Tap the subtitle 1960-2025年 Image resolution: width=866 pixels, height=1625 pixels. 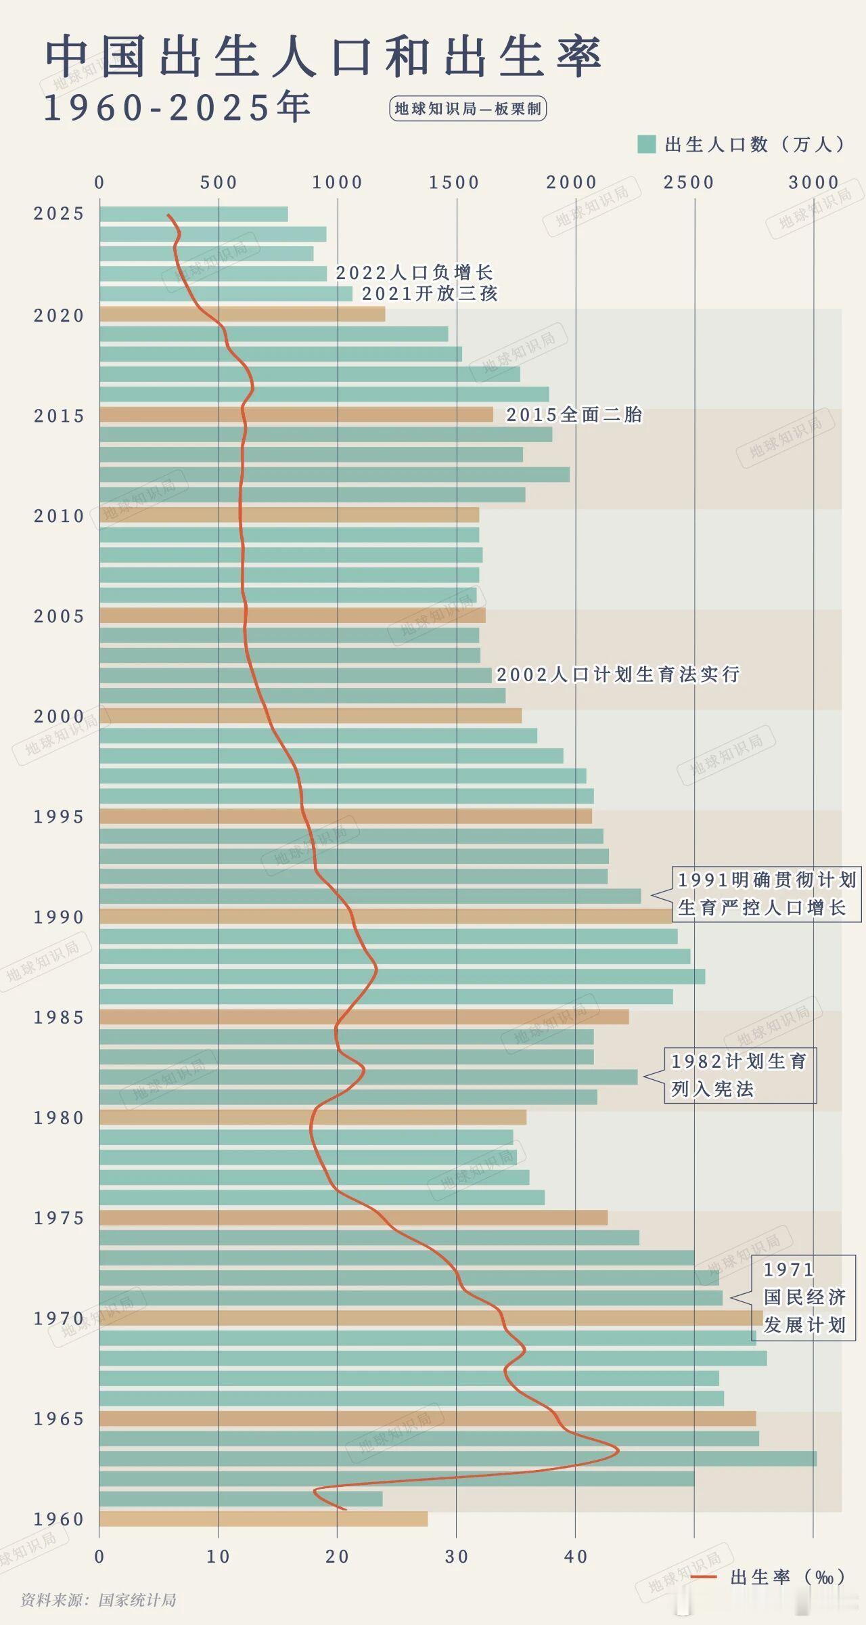(x=177, y=108)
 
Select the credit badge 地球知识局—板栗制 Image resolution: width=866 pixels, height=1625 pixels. (x=468, y=109)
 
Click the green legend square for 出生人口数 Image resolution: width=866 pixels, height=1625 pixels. (x=646, y=144)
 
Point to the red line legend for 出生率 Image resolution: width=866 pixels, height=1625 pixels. (x=704, y=1577)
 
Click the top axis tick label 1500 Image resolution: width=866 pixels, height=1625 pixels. (x=454, y=182)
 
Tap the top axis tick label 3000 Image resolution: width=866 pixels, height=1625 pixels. (x=813, y=182)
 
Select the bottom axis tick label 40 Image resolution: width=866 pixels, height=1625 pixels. (x=576, y=1556)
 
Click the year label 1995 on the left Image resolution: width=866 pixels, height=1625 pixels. (x=59, y=817)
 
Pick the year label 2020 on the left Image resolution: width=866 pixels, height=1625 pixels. (x=59, y=316)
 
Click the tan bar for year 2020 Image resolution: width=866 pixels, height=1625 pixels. (x=242, y=314)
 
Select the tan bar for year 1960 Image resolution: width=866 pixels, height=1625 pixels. (x=263, y=1519)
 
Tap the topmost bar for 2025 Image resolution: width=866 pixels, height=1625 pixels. (x=193, y=214)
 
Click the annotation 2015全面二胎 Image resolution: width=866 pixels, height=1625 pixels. (x=574, y=414)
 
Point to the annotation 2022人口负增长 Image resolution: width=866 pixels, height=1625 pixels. (x=414, y=273)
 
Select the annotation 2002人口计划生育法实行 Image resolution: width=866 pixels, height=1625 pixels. (x=618, y=674)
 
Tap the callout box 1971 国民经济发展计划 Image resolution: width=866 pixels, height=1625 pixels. (x=804, y=1297)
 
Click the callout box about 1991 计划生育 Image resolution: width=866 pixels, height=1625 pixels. (x=766, y=894)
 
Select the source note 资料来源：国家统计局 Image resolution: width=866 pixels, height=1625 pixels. (x=99, y=1600)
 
